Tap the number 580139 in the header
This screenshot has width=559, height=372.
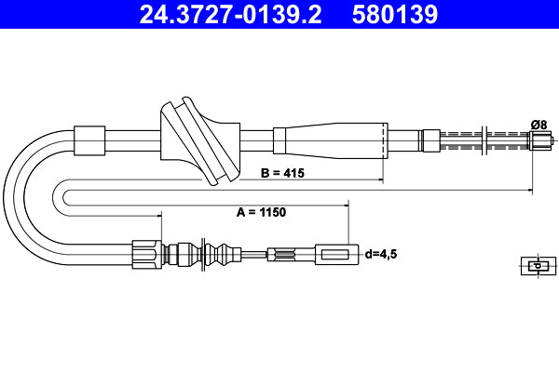coord(393,14)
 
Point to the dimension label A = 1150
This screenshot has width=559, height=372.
coord(260,212)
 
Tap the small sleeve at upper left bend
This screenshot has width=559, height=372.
coord(89,139)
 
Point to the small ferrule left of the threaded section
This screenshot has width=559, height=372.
coord(430,140)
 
